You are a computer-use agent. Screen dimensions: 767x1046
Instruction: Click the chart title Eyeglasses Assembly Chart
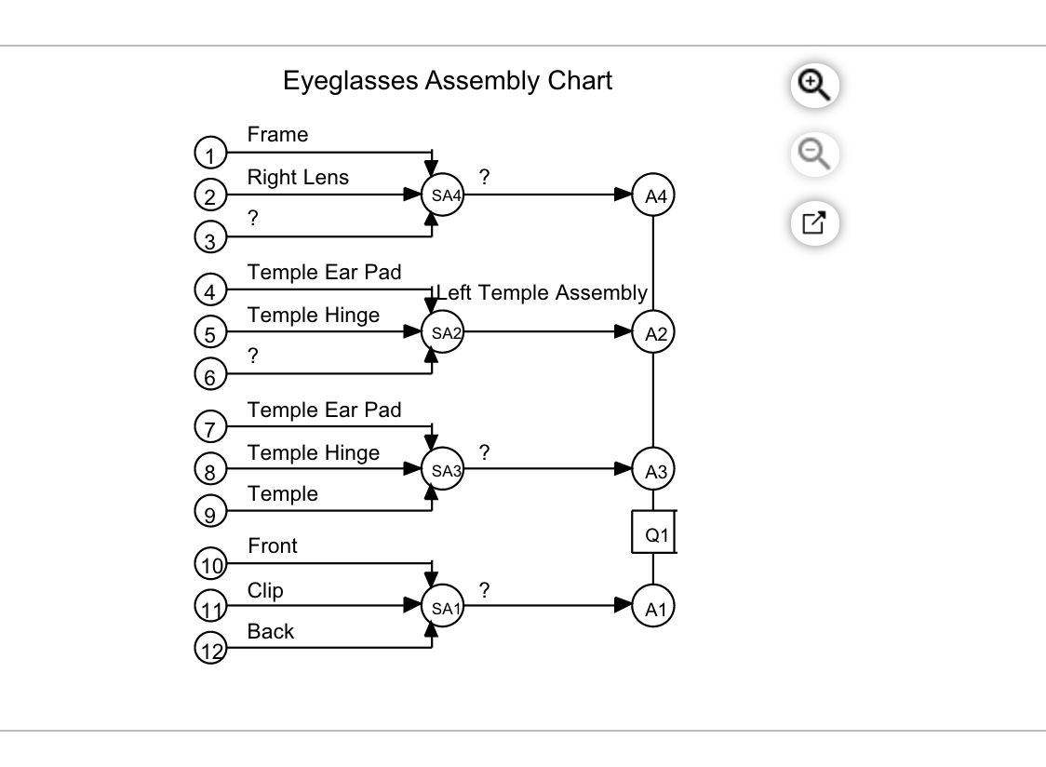(x=448, y=81)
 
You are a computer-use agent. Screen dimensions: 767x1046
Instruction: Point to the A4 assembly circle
(x=654, y=195)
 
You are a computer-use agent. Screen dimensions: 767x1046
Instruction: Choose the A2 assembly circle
(x=654, y=334)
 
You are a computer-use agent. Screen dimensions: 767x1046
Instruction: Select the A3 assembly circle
(x=654, y=471)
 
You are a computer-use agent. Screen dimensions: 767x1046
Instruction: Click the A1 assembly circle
(x=654, y=607)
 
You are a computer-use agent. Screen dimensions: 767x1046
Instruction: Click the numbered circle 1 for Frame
(x=210, y=154)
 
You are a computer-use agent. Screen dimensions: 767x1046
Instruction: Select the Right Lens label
(x=298, y=177)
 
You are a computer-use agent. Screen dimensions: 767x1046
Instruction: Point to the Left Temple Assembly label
(x=542, y=293)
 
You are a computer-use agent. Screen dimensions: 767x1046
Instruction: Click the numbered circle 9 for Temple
(x=210, y=512)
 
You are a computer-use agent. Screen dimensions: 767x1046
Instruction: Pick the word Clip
(x=265, y=591)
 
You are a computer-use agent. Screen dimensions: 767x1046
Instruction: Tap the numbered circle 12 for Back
(x=210, y=649)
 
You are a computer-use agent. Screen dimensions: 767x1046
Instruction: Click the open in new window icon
(x=814, y=223)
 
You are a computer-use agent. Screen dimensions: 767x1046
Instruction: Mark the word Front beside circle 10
(x=273, y=546)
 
